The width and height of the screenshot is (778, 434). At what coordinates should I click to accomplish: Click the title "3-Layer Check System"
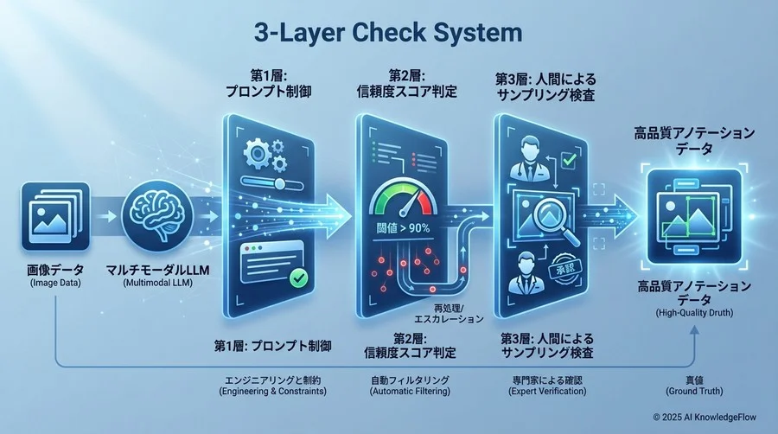click(389, 33)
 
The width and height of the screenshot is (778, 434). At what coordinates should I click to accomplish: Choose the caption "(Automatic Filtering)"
click(411, 391)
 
